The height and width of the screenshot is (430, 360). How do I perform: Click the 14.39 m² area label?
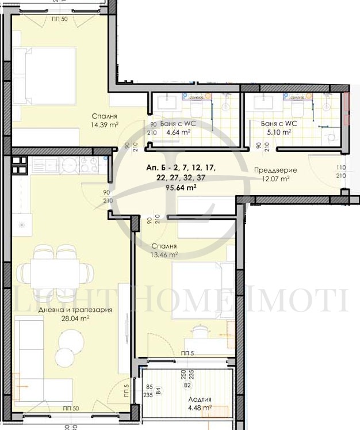(x=104, y=124)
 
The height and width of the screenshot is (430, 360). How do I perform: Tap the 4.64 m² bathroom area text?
(x=178, y=132)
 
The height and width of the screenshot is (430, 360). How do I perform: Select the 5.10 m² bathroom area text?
(x=279, y=131)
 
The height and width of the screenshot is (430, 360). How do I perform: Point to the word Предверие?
(x=276, y=170)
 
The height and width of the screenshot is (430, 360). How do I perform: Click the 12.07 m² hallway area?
(x=276, y=178)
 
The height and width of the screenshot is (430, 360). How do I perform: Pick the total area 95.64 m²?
(x=181, y=187)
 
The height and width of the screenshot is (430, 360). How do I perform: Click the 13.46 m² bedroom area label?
(x=164, y=254)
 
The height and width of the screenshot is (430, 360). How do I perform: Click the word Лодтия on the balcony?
(x=200, y=399)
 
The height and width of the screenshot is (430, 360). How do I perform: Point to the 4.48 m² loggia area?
(x=200, y=408)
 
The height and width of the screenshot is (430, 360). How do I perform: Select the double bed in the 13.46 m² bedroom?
(x=201, y=282)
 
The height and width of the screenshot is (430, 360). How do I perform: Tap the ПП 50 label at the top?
(x=60, y=20)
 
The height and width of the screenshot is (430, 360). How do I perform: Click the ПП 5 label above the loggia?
(x=186, y=353)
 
